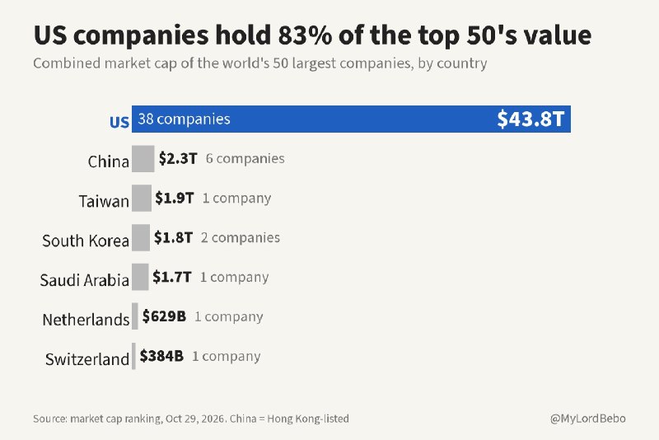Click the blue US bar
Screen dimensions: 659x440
click(351, 119)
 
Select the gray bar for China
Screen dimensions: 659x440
click(143, 158)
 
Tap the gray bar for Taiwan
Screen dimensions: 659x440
click(141, 198)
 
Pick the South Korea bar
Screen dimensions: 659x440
click(141, 237)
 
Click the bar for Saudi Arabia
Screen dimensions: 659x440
click(140, 277)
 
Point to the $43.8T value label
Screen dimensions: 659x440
click(530, 119)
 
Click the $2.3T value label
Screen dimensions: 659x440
click(178, 158)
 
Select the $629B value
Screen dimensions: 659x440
click(164, 316)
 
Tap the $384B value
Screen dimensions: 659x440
click(161, 356)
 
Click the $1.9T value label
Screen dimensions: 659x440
click(175, 198)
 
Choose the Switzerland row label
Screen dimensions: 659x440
click(87, 359)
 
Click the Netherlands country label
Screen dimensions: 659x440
click(86, 320)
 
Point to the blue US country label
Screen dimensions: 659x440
click(119, 122)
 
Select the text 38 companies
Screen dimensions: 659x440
click(184, 119)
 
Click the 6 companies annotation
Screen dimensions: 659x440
click(245, 158)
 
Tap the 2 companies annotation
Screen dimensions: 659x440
click(241, 237)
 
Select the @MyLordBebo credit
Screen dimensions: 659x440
click(588, 419)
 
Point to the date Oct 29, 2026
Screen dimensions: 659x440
click(196, 419)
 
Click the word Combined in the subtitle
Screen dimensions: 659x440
click(67, 63)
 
